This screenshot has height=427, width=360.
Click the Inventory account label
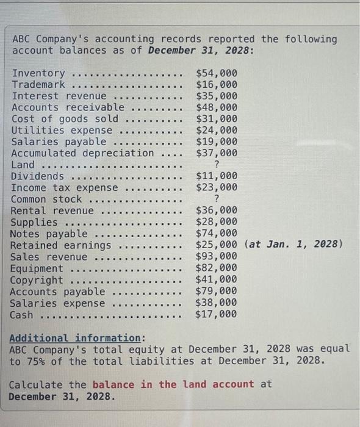click(x=38, y=73)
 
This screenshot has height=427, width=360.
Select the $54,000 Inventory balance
click(x=217, y=73)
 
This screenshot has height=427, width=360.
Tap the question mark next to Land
click(x=217, y=165)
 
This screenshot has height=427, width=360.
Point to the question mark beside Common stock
click(x=217, y=199)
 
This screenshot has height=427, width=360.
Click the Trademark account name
click(x=38, y=85)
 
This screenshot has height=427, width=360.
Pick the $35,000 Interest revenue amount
click(x=217, y=96)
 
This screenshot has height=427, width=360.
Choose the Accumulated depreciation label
click(x=82, y=153)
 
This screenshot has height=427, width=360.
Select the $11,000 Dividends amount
click(x=217, y=176)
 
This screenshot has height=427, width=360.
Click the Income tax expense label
click(x=65, y=188)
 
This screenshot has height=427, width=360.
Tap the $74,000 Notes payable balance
click(x=217, y=234)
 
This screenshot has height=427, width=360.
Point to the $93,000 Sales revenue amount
click(x=217, y=257)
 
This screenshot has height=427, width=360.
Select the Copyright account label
click(x=37, y=280)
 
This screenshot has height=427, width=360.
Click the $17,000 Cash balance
click(x=217, y=315)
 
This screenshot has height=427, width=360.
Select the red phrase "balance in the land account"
click(x=173, y=384)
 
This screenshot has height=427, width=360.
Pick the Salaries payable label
click(x=59, y=142)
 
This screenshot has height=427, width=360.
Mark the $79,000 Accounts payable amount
click(x=217, y=292)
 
